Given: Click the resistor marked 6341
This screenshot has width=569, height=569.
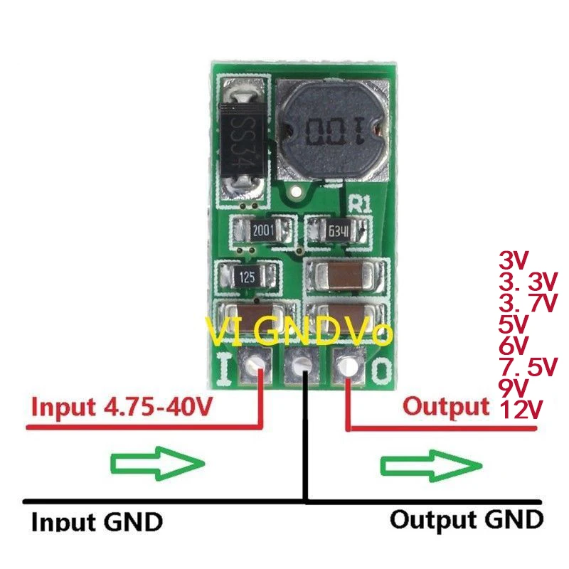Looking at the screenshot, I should coord(338,231).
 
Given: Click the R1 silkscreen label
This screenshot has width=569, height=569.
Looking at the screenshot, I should coord(360,203).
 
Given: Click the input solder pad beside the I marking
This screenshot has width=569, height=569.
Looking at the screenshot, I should coord(254,367).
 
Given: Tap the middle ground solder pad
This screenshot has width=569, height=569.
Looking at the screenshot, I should coord(301,367).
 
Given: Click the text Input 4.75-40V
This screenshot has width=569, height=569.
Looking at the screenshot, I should coord(121,408).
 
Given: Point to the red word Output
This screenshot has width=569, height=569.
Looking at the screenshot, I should coord(446,406).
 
